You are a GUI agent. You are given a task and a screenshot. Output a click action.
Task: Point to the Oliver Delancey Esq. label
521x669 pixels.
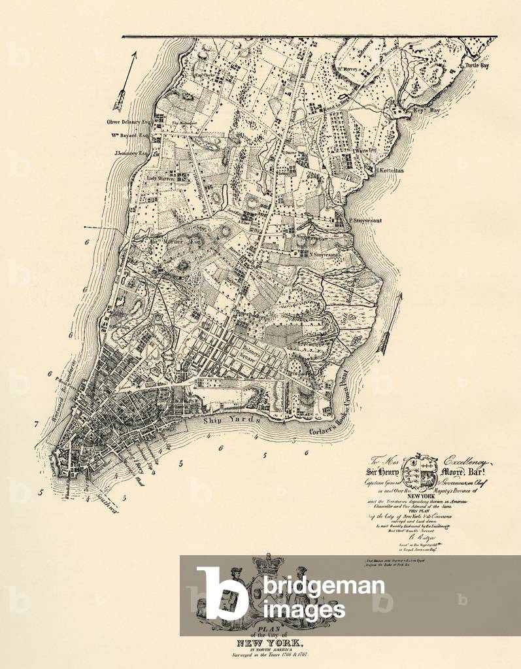[x=127, y=121]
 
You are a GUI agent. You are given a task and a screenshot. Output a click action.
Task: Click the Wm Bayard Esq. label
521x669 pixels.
[x=128, y=137]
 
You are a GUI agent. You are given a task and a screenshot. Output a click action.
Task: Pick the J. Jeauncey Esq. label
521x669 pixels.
[x=128, y=153]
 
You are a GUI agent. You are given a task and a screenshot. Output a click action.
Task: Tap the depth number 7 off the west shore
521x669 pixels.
[x=37, y=424]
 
